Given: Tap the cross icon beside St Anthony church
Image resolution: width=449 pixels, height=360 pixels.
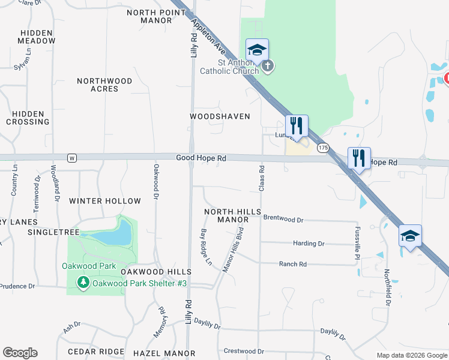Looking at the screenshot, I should [268, 65].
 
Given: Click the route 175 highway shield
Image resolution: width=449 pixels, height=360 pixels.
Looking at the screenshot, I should [324, 148].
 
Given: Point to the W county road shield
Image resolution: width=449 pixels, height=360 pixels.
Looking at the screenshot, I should [72, 158].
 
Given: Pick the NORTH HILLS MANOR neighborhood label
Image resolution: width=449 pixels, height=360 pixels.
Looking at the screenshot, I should [232, 216].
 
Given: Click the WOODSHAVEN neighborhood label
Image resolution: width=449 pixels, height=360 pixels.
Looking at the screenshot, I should [220, 116].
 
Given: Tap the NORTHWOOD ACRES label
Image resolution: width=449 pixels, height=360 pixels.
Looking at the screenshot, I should [104, 85].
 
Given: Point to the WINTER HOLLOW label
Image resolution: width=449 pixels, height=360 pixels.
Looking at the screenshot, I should [105, 201].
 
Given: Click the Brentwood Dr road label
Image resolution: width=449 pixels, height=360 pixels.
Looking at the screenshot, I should [283, 220].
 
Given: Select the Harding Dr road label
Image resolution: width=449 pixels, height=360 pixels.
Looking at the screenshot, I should [309, 244].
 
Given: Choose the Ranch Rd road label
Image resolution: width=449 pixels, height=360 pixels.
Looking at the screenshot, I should [293, 264].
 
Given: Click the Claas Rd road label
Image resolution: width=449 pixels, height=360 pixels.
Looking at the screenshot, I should [262, 179].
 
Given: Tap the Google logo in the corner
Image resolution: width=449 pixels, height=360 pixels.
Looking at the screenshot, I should [20, 353].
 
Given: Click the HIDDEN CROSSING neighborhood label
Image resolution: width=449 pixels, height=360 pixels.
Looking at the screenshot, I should [28, 118].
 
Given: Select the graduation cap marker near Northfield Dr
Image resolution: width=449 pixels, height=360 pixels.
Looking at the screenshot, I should [410, 236].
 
